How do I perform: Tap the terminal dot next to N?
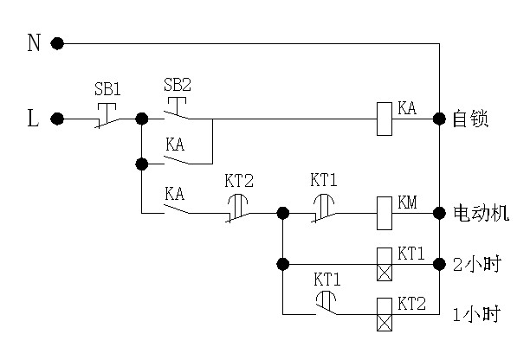(x=58, y=42)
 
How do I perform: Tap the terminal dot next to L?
(x=58, y=119)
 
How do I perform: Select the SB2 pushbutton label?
(x=178, y=85)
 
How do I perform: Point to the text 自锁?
(x=471, y=119)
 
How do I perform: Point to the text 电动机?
(x=482, y=212)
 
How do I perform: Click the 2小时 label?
(x=476, y=264)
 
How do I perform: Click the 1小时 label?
(x=476, y=315)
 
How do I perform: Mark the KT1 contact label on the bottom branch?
(x=326, y=280)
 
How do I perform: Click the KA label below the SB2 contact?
(x=176, y=145)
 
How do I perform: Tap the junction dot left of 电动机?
(x=440, y=211)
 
